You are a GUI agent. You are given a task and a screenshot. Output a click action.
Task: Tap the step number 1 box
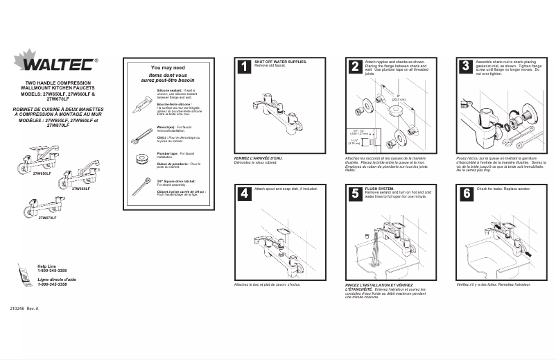coord(244,67)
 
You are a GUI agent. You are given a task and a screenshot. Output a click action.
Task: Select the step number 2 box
coord(354,67)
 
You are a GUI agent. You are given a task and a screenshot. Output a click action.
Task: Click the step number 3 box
coord(465,67)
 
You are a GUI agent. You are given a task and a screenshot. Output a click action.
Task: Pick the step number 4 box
coord(244,194)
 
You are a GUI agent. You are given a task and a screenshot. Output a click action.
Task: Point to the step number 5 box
coord(354,194)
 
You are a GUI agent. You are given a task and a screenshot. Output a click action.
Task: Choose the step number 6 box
coord(465,194)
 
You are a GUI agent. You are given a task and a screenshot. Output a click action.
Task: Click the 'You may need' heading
coord(167,68)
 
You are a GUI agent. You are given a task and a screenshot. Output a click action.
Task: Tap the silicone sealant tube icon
coord(141,104)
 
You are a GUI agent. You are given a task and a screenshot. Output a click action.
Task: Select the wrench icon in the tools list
coord(142,132)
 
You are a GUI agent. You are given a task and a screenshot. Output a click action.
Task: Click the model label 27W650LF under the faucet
coord(42,173)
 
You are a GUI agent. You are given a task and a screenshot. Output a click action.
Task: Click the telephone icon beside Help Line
coord(25,277)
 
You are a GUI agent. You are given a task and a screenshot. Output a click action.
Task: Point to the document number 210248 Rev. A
coord(24,308)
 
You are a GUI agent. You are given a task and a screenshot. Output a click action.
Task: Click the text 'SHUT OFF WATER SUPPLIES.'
coord(280,61)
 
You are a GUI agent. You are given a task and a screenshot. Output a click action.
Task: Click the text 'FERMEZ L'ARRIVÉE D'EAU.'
coord(258,157)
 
